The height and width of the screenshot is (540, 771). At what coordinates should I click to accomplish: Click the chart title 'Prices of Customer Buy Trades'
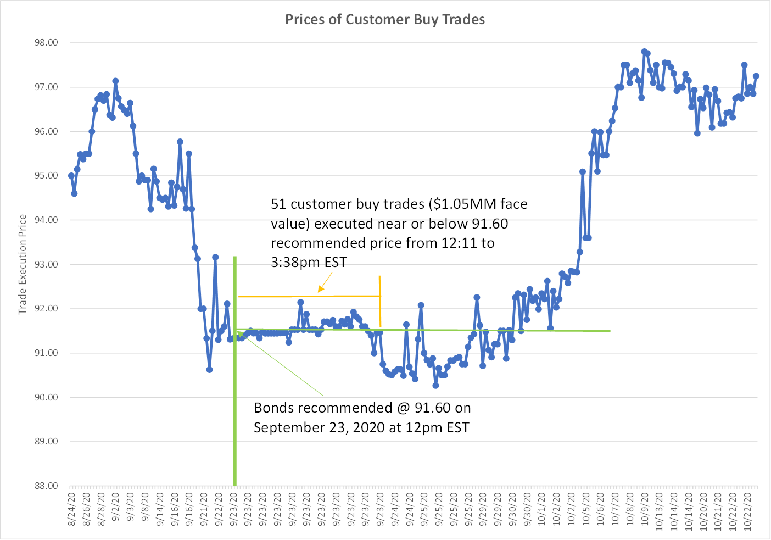pyautogui.click(x=385, y=20)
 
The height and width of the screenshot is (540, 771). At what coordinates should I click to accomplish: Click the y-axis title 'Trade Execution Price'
pyautogui.click(x=23, y=264)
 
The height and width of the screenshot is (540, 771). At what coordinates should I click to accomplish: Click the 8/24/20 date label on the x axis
pyautogui.click(x=71, y=510)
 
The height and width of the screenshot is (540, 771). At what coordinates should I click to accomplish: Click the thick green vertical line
pyautogui.click(x=235, y=385)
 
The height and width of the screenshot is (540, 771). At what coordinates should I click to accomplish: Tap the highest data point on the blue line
pyautogui.click(x=644, y=52)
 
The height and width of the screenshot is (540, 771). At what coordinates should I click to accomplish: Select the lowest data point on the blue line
pyautogui.click(x=435, y=386)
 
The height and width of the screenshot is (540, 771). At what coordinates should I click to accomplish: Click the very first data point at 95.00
pyautogui.click(x=71, y=176)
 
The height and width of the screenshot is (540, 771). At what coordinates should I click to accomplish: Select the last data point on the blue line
pyautogui.click(x=756, y=76)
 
